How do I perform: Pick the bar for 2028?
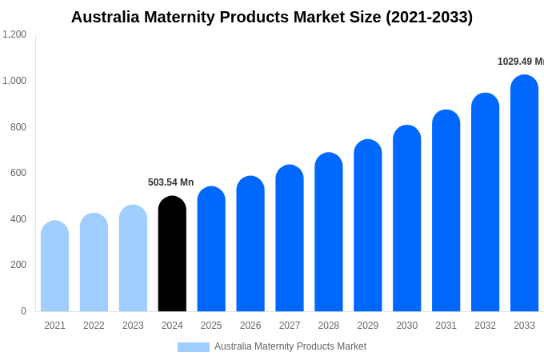click(328, 232)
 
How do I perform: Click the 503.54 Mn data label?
click(170, 182)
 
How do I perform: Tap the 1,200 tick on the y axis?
click(14, 34)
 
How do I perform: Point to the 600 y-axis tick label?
click(18, 173)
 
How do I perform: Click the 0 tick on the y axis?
click(23, 311)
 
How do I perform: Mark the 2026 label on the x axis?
click(250, 326)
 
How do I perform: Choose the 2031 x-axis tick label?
click(446, 326)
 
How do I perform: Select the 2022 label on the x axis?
click(94, 326)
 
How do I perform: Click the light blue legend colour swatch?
click(193, 347)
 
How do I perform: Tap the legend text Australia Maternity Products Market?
click(290, 346)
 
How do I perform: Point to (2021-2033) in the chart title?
click(429, 17)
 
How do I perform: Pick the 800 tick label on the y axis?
click(18, 126)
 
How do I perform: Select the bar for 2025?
click(211, 250)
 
